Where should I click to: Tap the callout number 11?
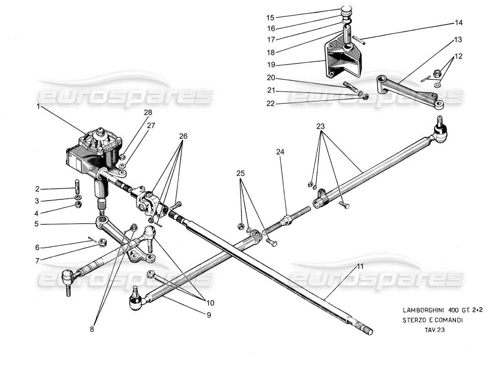pos(360,266)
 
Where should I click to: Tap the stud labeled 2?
pos(78,188)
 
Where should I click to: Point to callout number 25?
pos(241,173)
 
